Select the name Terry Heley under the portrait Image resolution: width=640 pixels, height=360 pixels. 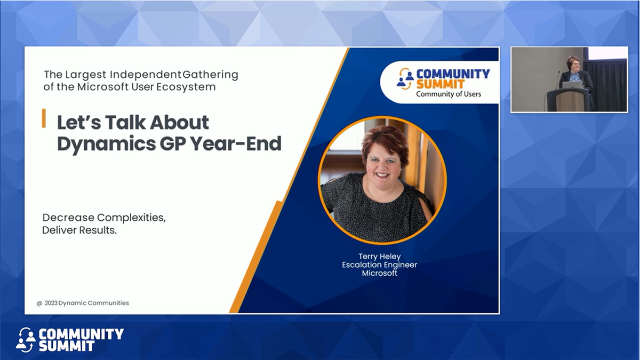click(x=379, y=257)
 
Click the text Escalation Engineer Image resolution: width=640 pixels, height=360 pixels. click(x=379, y=265)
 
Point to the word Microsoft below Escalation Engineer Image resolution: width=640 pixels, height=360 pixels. click(x=379, y=273)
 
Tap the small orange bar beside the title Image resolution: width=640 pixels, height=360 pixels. click(x=44, y=118)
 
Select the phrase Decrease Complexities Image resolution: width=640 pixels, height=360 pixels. click(x=103, y=218)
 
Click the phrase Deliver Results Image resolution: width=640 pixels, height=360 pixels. click(x=79, y=230)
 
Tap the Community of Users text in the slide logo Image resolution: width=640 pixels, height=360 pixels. click(x=448, y=94)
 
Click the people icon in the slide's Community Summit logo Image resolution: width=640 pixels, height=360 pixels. click(x=405, y=79)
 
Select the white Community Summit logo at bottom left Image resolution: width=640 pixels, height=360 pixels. click(x=69, y=340)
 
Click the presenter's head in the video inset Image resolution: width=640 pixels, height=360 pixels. click(x=573, y=63)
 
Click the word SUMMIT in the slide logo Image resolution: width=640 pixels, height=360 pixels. click(x=440, y=84)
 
